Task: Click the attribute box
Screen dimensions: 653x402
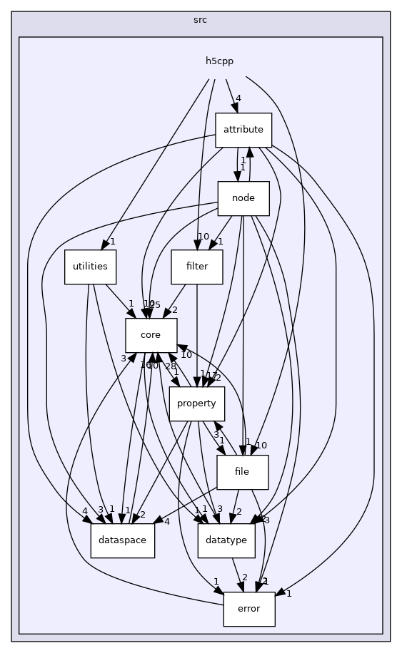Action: (243, 130)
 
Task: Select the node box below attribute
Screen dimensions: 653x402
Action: (243, 198)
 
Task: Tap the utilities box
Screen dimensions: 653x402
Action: (90, 267)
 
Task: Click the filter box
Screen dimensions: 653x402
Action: (196, 267)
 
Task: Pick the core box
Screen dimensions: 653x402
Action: (151, 335)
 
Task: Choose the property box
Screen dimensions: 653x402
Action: (196, 403)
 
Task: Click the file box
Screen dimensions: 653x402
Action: (242, 472)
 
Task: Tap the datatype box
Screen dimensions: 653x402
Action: (226, 540)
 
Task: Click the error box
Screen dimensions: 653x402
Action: (248, 609)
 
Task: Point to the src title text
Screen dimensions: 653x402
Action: (201, 20)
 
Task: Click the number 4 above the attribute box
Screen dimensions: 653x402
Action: (238, 98)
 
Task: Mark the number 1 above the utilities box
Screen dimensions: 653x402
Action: (112, 241)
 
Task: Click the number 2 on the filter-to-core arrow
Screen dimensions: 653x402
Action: (174, 310)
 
